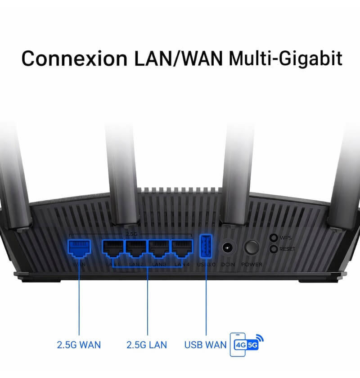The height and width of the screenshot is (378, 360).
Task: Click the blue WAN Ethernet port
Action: click(79, 248)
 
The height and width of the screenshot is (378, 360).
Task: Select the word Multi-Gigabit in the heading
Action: click(285, 58)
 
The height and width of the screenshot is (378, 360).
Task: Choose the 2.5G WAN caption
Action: click(79, 345)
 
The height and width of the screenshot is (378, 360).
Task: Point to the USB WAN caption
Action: click(205, 345)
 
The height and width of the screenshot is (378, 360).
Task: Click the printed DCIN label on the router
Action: click(229, 265)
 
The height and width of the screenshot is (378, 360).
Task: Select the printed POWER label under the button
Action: click(252, 265)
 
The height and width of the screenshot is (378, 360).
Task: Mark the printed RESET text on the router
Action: click(288, 249)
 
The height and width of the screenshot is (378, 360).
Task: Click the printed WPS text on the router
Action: click(286, 238)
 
